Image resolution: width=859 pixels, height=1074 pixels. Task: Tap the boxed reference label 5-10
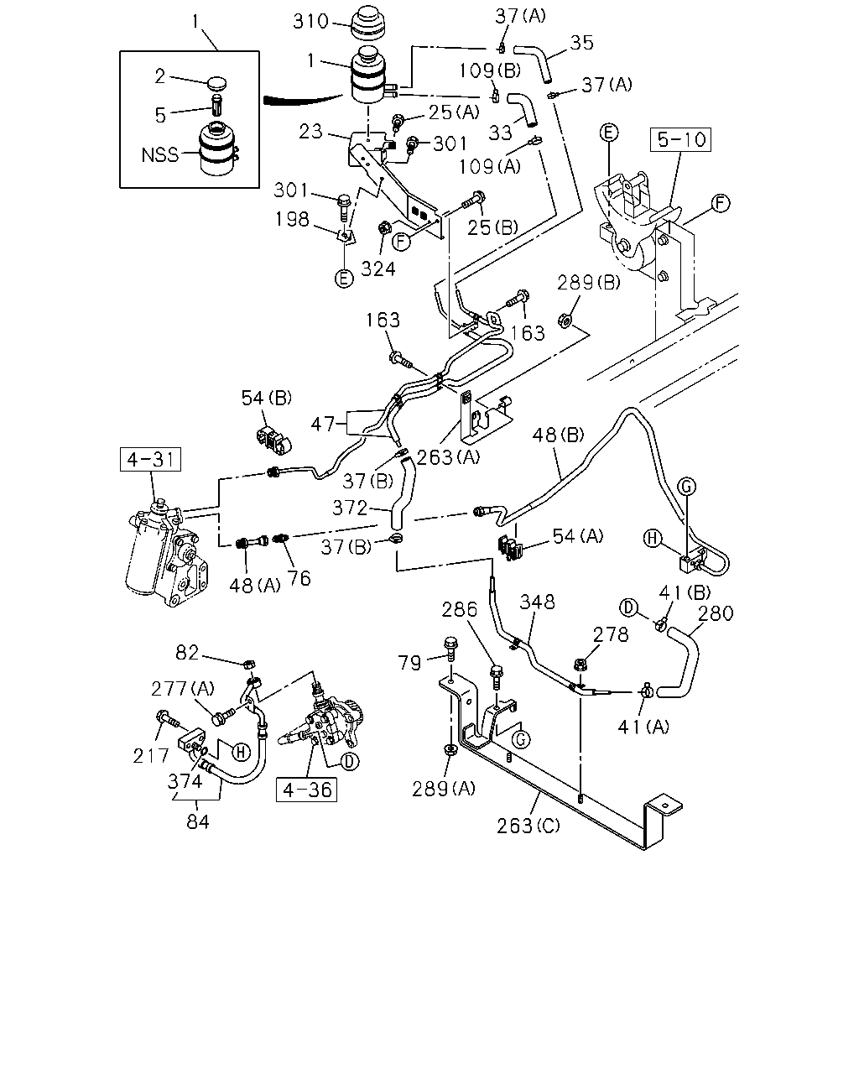pyautogui.click(x=681, y=140)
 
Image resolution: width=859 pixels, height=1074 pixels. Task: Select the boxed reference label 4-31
pyautogui.click(x=151, y=459)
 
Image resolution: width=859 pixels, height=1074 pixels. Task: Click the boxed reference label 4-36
pyautogui.click(x=306, y=790)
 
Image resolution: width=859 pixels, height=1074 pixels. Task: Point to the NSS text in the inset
pyautogui.click(x=159, y=155)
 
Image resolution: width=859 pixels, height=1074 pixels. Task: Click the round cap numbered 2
pyautogui.click(x=216, y=83)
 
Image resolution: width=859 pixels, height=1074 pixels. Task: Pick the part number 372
pyautogui.click(x=350, y=508)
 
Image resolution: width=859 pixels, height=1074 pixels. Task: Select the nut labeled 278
pyautogui.click(x=580, y=664)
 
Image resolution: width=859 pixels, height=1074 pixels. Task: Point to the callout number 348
pyautogui.click(x=537, y=602)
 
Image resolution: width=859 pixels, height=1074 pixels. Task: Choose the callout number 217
pyautogui.click(x=151, y=756)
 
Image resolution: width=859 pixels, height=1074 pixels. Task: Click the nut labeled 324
pyautogui.click(x=384, y=228)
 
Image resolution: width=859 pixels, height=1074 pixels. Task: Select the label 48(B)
pyautogui.click(x=558, y=435)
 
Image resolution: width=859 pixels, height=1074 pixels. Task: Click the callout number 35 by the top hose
pyautogui.click(x=581, y=43)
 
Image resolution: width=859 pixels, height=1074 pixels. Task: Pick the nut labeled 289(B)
pyautogui.click(x=565, y=319)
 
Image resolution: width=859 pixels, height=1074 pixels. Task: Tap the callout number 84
pyautogui.click(x=198, y=822)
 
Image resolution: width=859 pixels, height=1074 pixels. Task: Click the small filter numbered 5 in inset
pyautogui.click(x=217, y=104)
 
